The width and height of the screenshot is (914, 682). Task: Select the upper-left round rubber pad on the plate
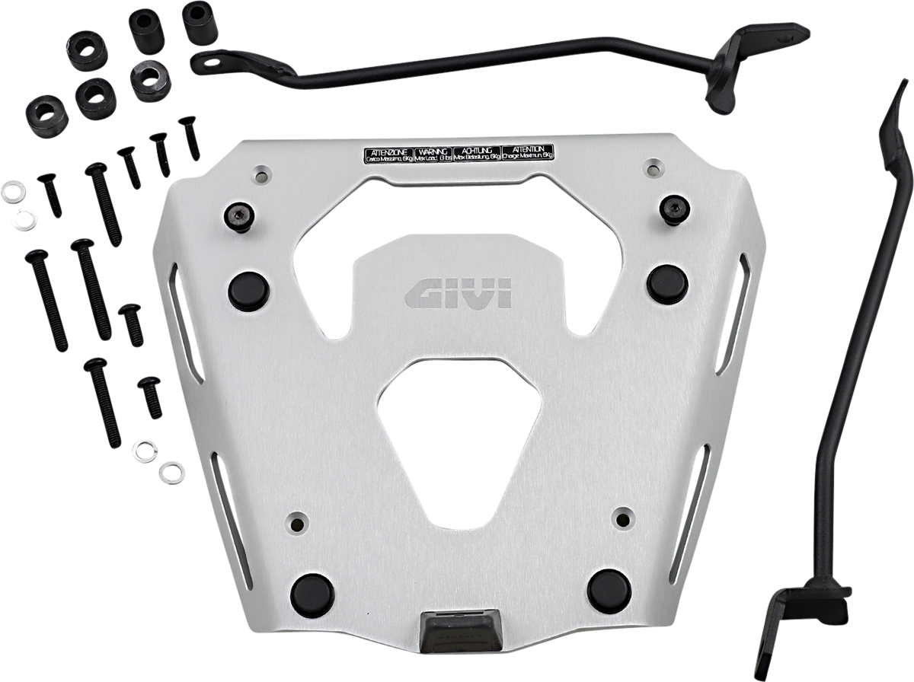coord(248,291)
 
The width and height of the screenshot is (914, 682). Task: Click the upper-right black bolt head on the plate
coord(675,209)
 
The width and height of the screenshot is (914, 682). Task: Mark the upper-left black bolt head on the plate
coord(238,216)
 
